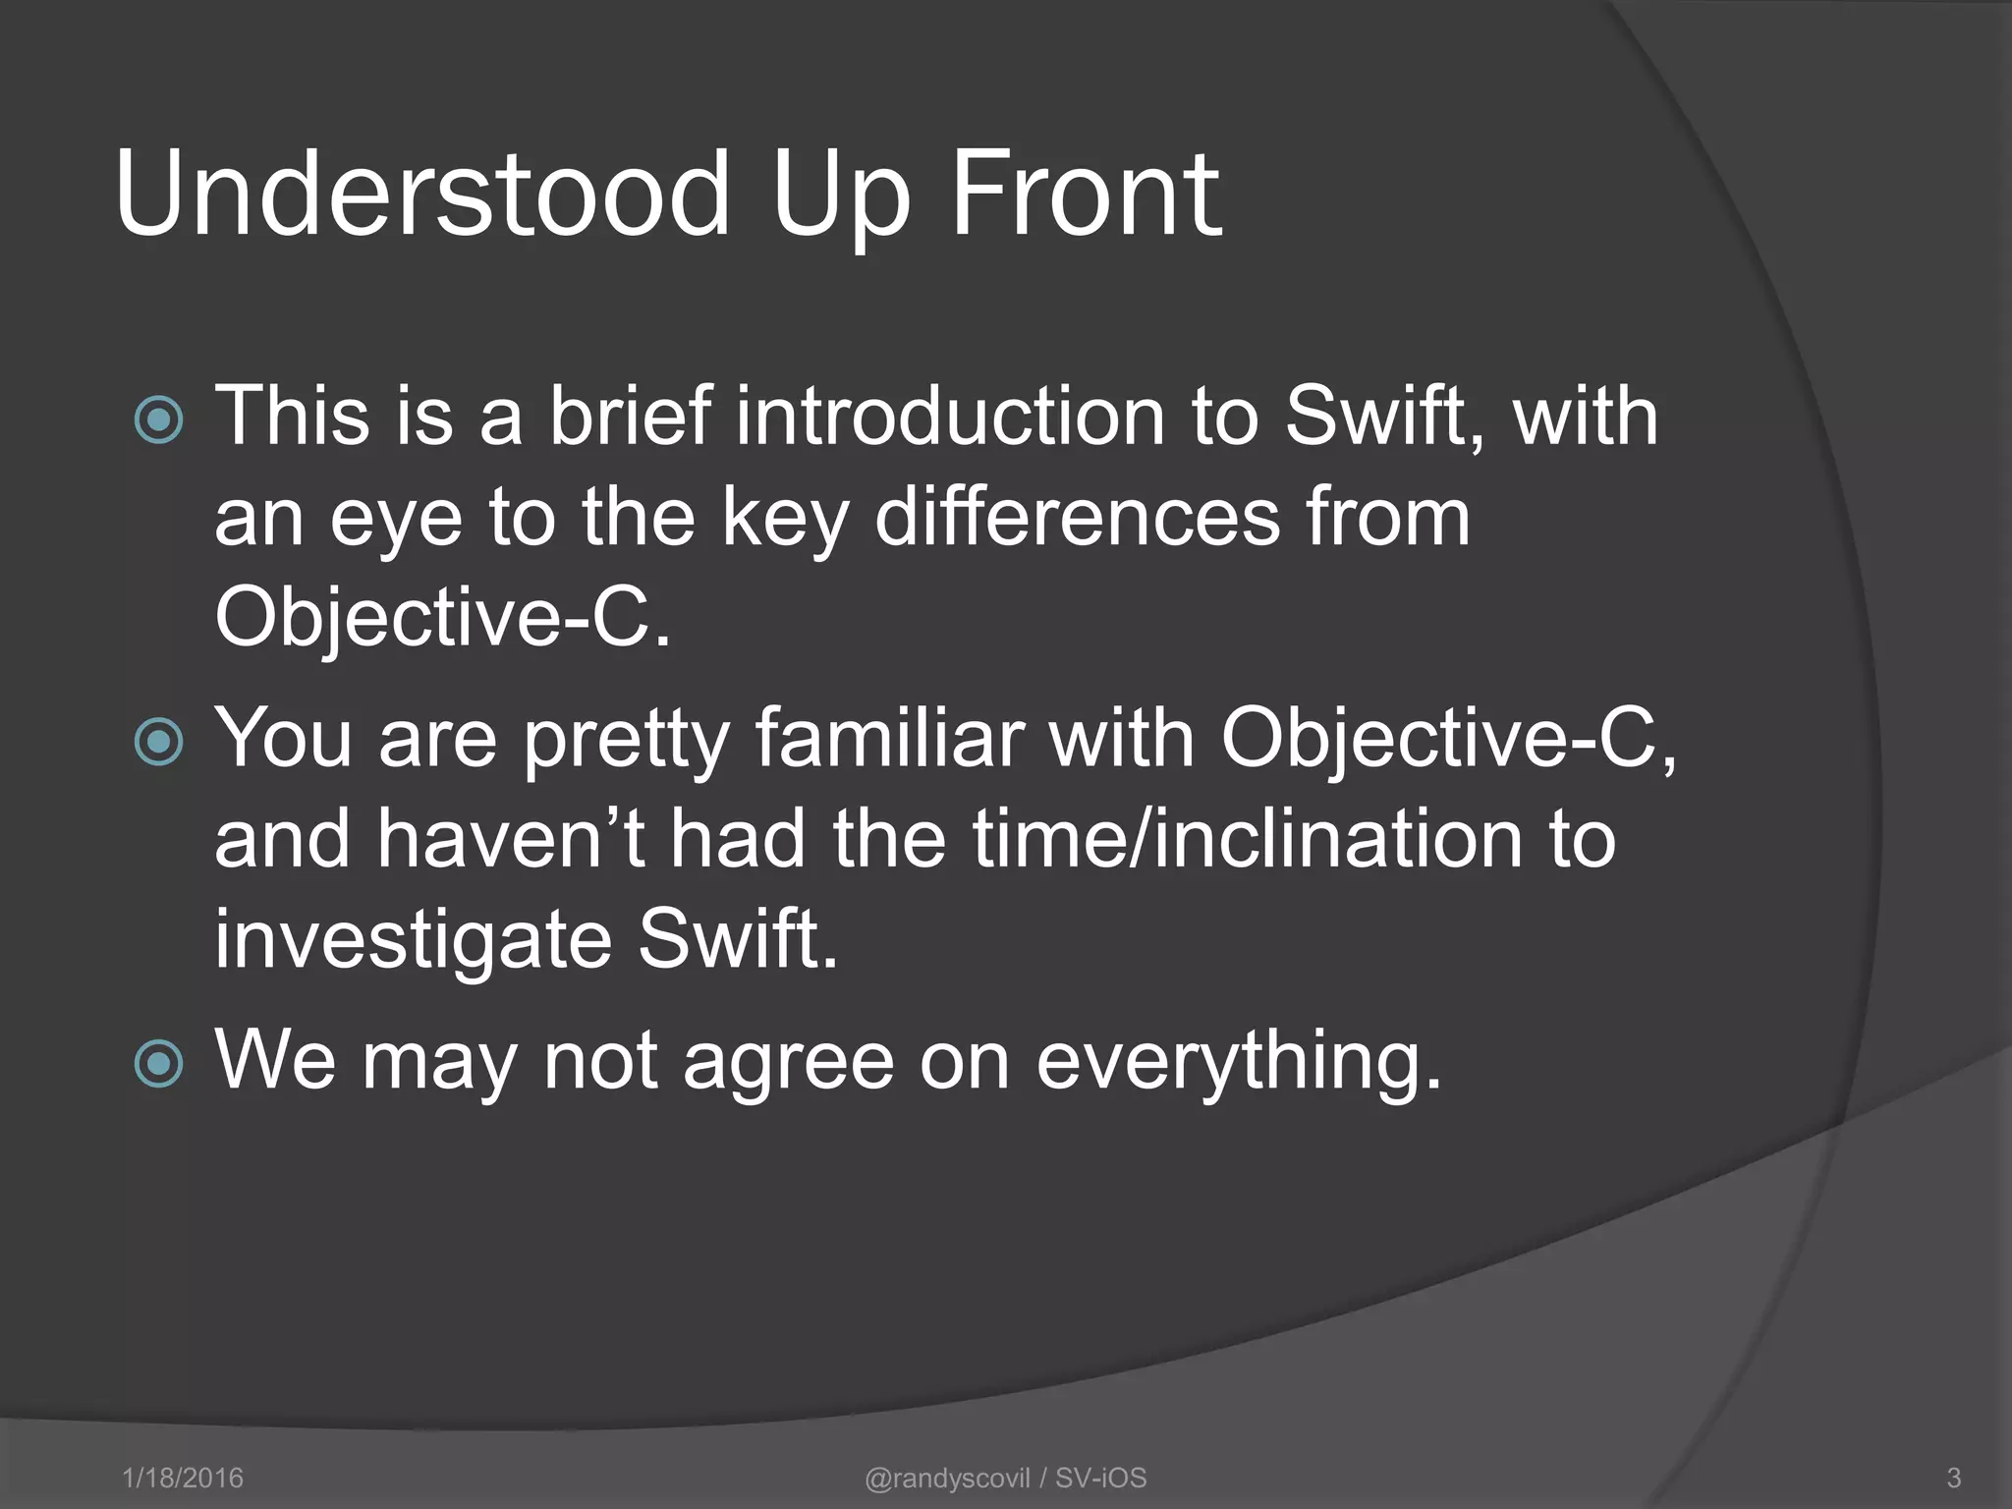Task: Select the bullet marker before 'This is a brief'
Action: [x=158, y=419]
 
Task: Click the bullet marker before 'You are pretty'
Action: [x=158, y=741]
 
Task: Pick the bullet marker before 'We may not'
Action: [x=158, y=1063]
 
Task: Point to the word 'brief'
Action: [x=629, y=417]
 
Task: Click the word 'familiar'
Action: [x=889, y=739]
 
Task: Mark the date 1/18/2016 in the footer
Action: [x=183, y=1478]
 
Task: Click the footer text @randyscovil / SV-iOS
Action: [x=1005, y=1478]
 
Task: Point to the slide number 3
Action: [x=1953, y=1478]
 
